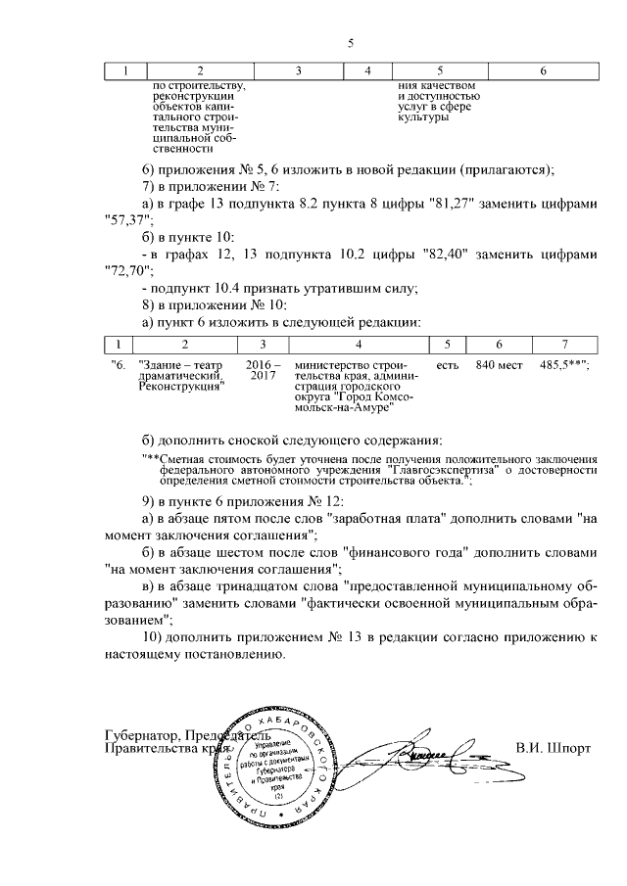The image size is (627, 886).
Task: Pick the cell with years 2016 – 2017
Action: [x=263, y=369]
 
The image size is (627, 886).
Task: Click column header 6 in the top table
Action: [x=543, y=71]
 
